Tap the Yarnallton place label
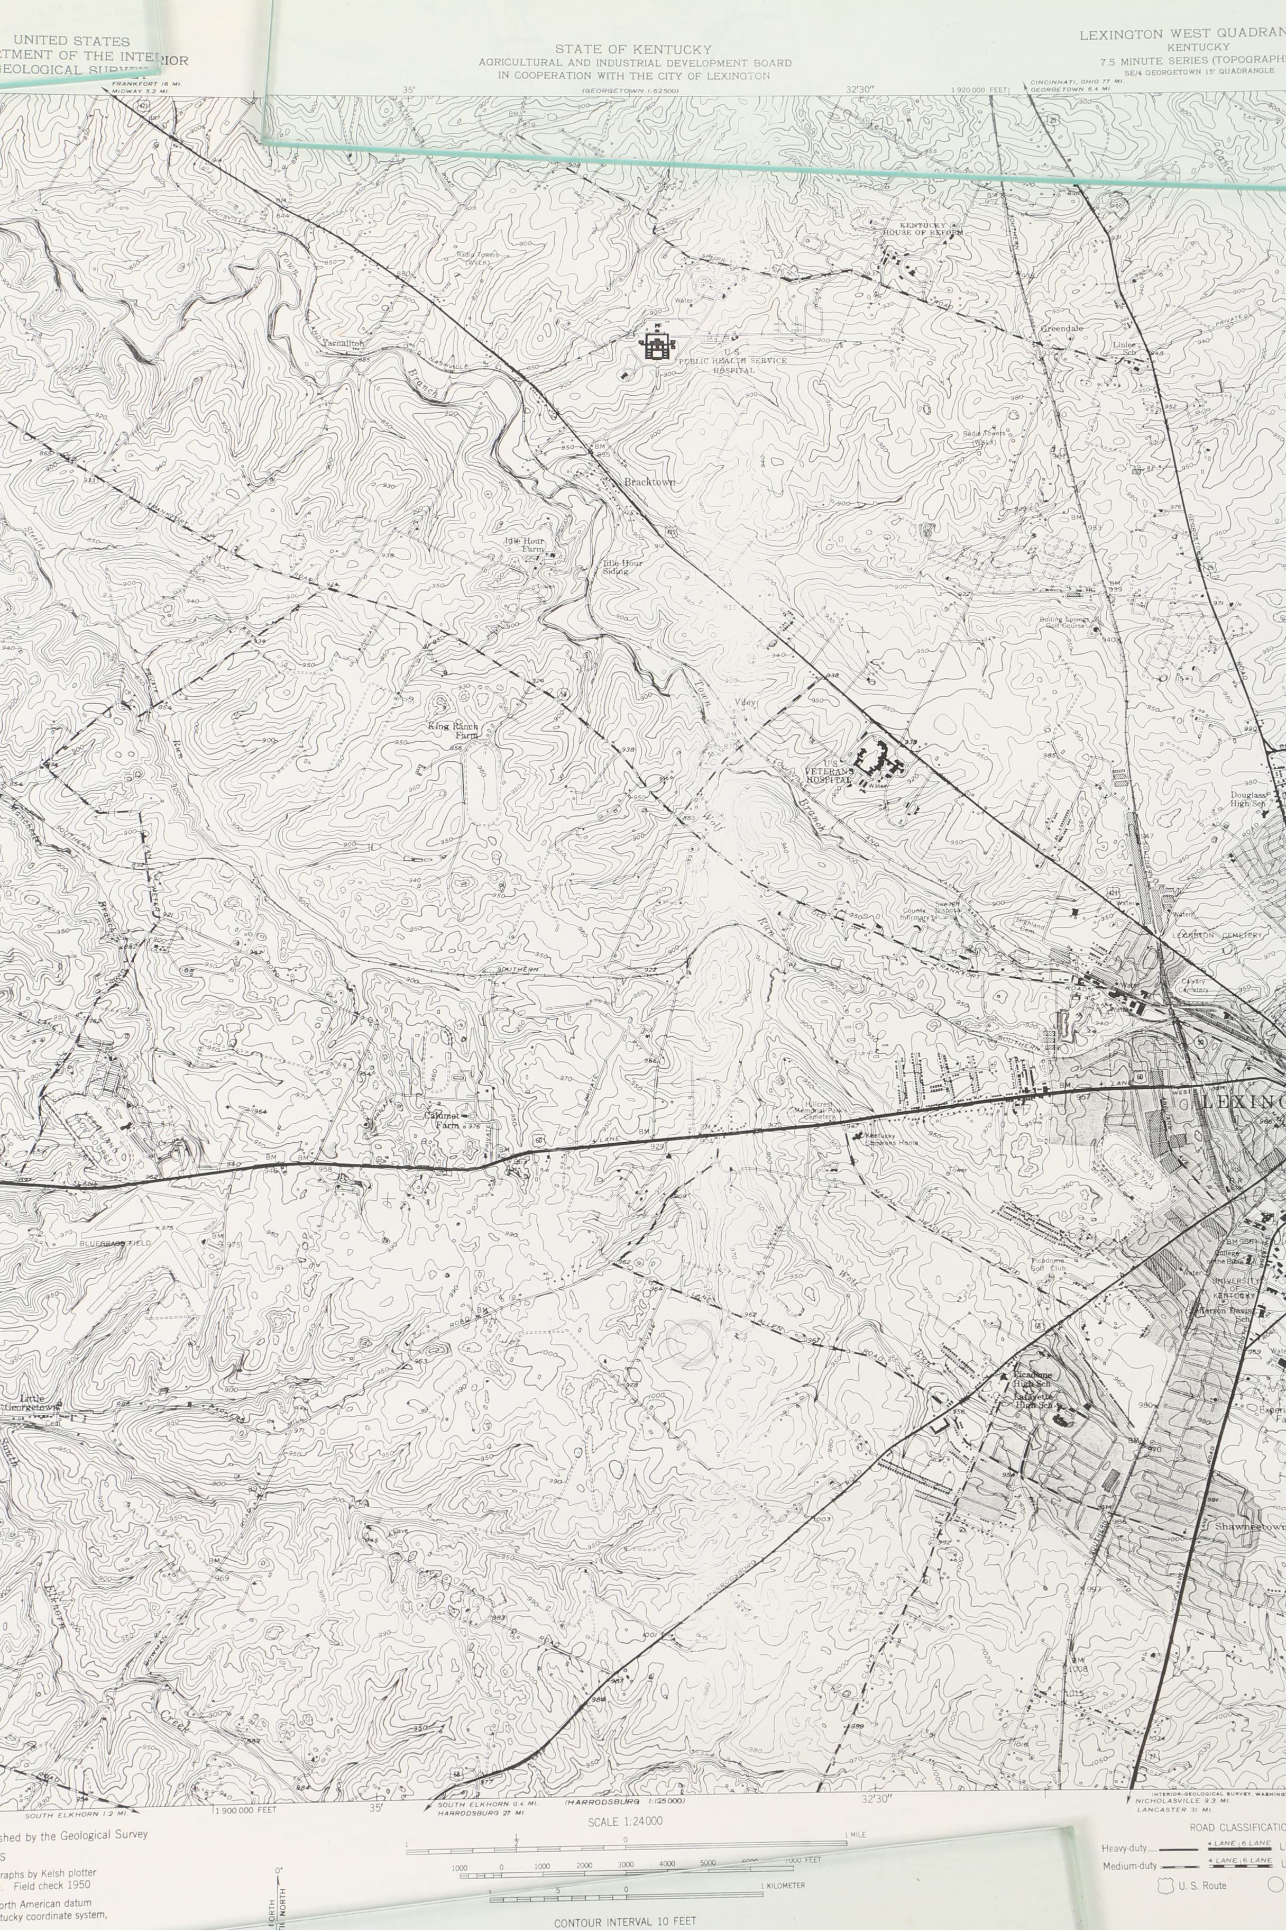pos(343,343)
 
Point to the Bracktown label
pos(649,481)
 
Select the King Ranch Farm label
pos(453,730)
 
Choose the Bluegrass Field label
pos(115,1243)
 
